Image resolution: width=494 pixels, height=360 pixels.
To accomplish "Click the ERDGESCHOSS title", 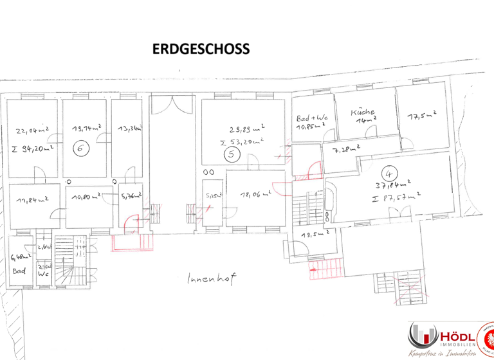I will tap(201, 50).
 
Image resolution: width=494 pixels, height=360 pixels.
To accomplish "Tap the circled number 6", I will tap(80, 147).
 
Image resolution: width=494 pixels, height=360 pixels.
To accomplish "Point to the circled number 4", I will tap(387, 173).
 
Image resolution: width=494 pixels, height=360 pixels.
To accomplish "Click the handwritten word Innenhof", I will tap(208, 279).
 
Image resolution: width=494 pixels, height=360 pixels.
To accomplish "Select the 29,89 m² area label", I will tap(247, 128).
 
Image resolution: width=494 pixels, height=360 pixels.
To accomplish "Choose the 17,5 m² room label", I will tap(422, 116).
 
